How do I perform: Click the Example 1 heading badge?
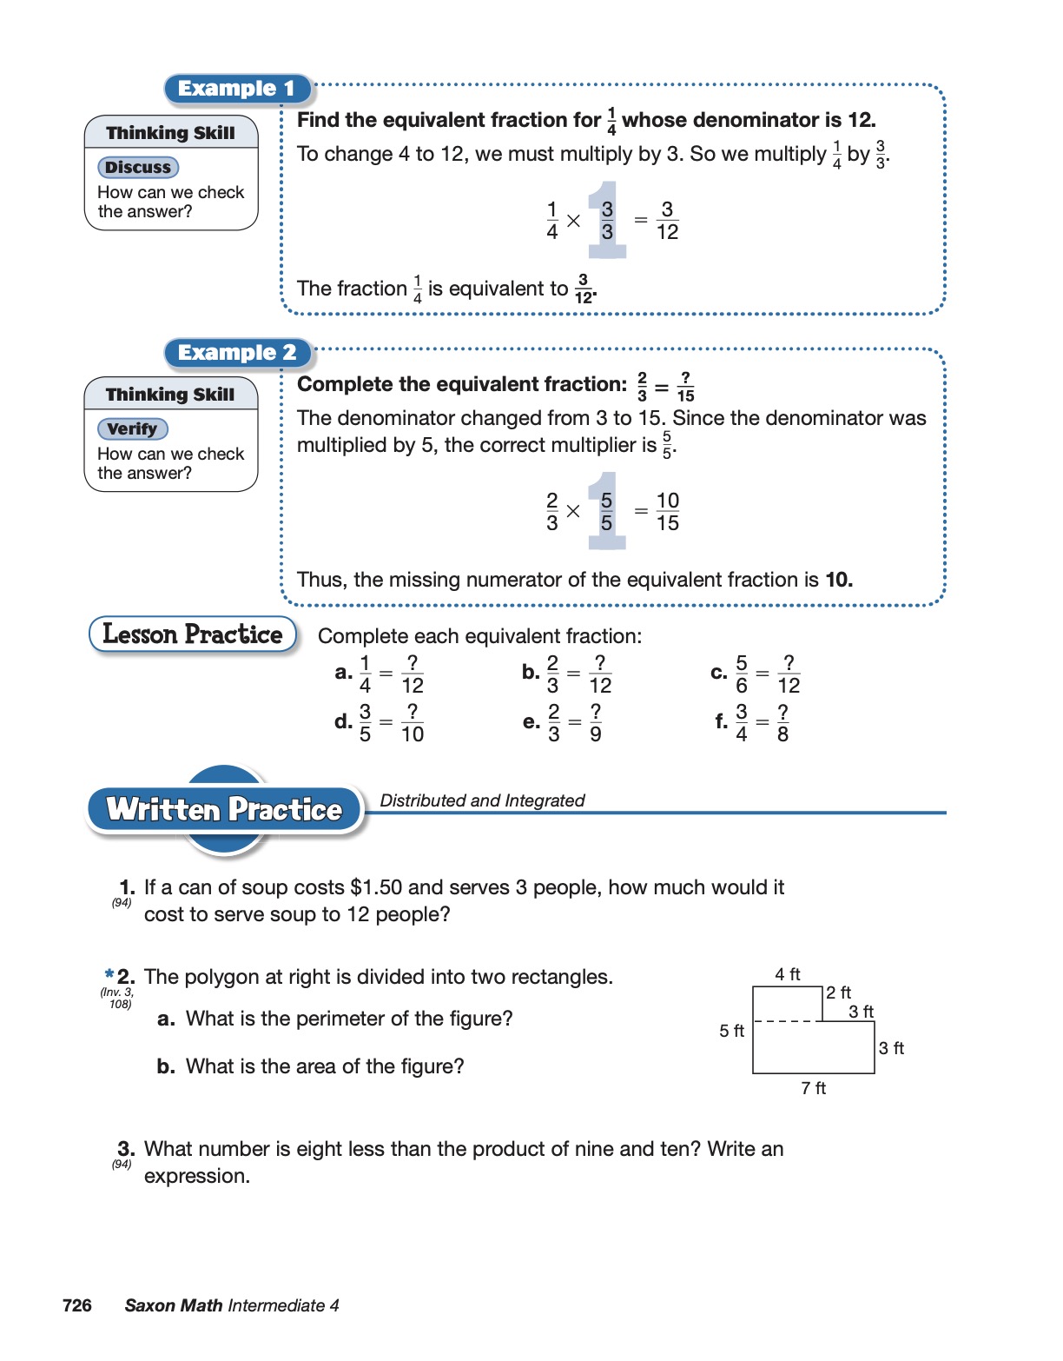pos(236,89)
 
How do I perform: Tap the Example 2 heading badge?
pos(237,353)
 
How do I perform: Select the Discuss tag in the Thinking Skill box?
pos(138,168)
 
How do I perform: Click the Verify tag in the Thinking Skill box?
pos(133,429)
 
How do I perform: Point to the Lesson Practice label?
pos(192,634)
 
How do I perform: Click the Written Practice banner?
pos(224,810)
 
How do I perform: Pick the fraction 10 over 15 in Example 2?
pos(667,512)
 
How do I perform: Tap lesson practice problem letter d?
pos(343,722)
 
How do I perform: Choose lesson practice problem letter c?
pos(718,673)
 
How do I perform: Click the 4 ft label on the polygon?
pos(788,975)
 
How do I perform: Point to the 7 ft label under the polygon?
pos(813,1089)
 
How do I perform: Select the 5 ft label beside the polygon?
pos(731,1032)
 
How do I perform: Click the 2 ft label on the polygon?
pos(838,993)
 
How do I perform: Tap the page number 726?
pos(77,1305)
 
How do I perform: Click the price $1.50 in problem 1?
pos(376,887)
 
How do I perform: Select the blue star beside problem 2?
pos(109,974)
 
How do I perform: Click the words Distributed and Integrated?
pos(482,800)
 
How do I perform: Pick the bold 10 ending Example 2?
pos(837,580)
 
